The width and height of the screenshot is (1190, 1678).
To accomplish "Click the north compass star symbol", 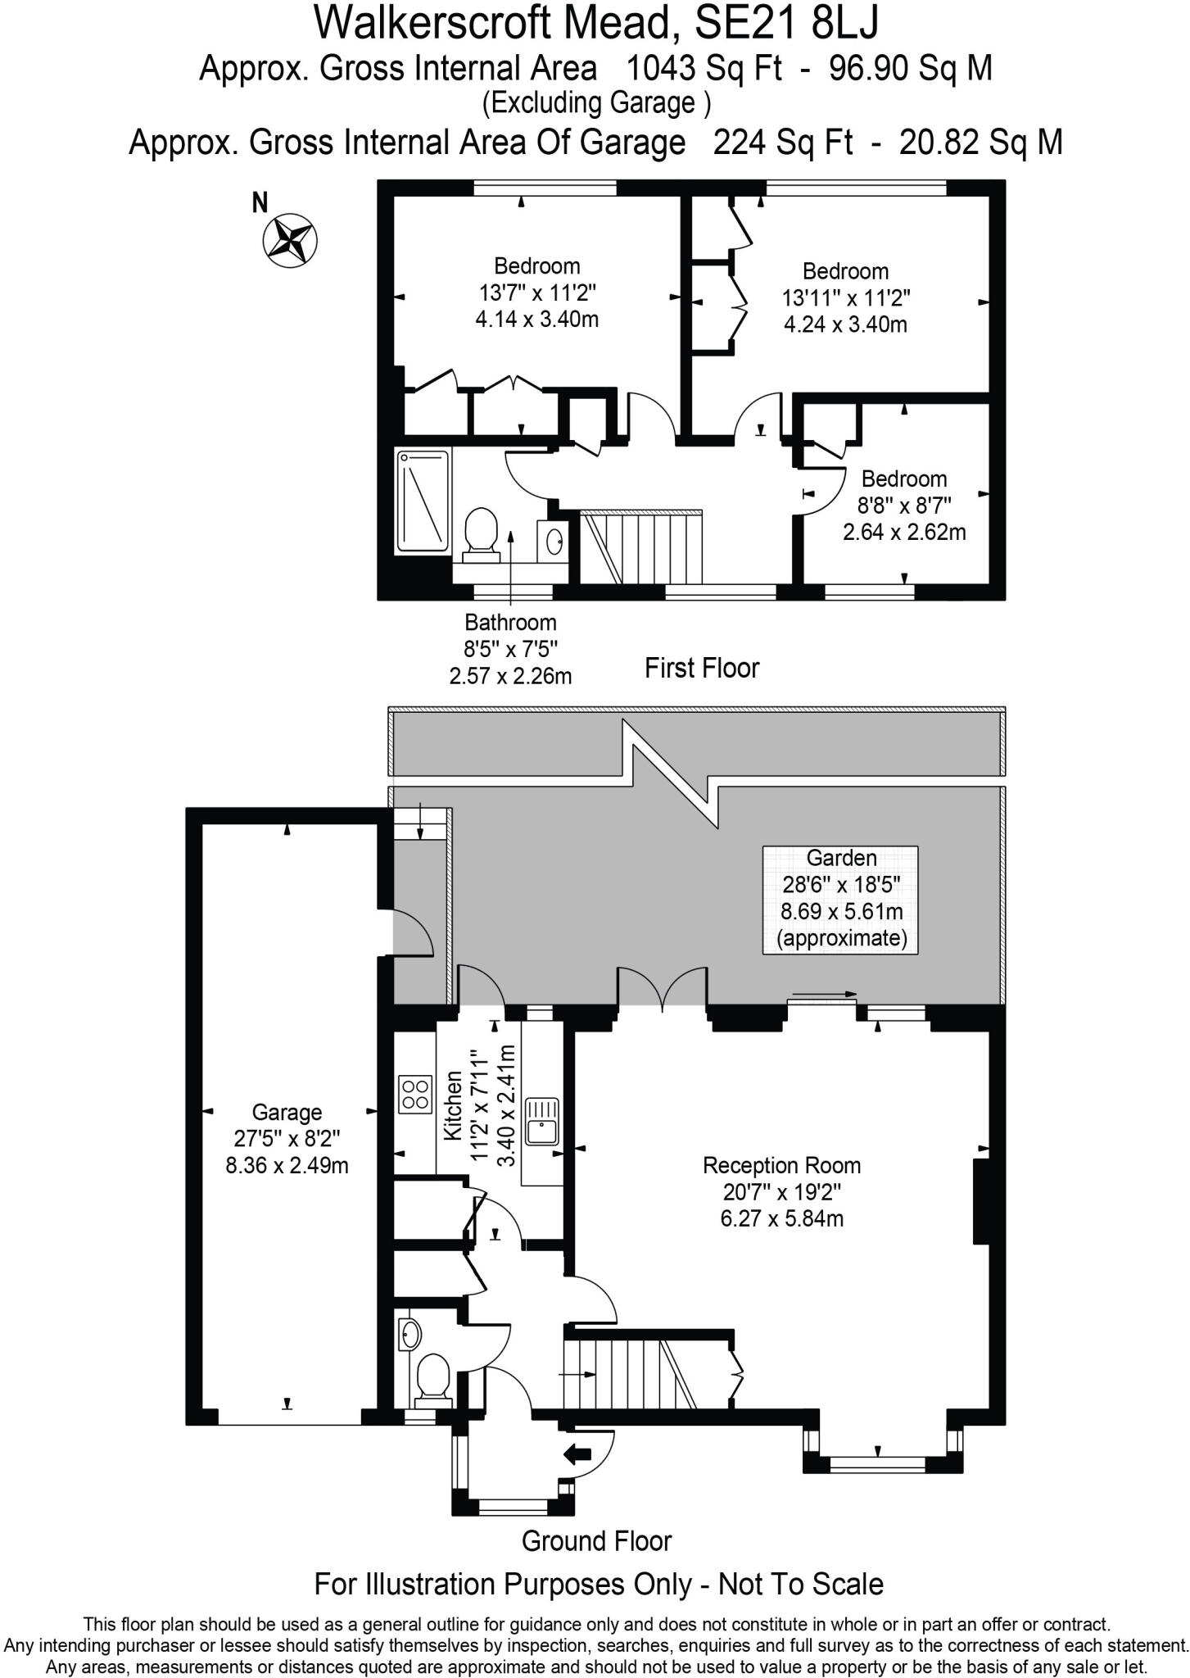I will (x=290, y=240).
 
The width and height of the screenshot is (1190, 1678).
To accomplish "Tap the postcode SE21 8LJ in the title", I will (x=785, y=23).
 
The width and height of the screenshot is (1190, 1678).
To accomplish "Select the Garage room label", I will (x=287, y=1113).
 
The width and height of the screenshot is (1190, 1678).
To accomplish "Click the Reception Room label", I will (x=782, y=1165).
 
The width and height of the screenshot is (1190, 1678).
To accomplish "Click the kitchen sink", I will (x=541, y=1122).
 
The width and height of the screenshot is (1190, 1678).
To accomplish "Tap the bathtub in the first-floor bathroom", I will (x=423, y=501).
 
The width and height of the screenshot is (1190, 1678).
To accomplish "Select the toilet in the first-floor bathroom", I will (x=481, y=534).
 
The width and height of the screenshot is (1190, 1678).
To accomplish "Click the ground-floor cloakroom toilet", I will (x=432, y=1376).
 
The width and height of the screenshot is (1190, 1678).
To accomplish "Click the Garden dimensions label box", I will (x=841, y=899).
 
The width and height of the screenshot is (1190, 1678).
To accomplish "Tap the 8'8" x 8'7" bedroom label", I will (x=904, y=505).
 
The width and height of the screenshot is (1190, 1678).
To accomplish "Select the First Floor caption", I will (x=702, y=668).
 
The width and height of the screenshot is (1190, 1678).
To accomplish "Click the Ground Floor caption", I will (x=596, y=1541).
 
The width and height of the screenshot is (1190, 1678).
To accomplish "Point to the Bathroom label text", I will (x=510, y=623).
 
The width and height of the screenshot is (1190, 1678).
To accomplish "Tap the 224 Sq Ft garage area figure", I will (x=782, y=143).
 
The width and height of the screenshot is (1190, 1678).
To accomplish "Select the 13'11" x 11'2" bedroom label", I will (x=845, y=297).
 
